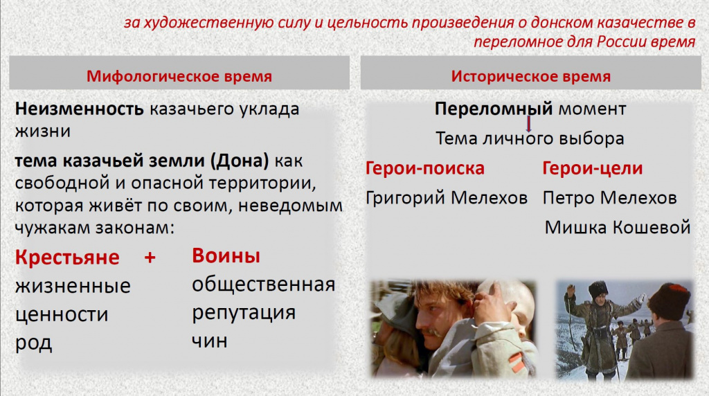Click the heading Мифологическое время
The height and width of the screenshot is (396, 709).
tap(179, 76)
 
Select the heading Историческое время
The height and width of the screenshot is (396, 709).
tap(531, 76)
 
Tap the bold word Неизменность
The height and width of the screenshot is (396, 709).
tap(79, 109)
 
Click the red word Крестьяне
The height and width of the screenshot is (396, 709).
tap(67, 257)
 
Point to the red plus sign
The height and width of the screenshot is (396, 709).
tap(150, 258)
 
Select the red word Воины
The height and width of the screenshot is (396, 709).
tap(226, 255)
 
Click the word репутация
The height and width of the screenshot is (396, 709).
tap(244, 313)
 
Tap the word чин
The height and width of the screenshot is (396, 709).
tap(209, 341)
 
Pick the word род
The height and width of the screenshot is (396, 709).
tap(33, 343)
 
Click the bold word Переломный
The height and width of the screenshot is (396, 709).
tap(494, 109)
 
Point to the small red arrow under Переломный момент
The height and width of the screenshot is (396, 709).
tap(528, 124)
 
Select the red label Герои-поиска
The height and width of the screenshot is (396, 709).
tap(425, 168)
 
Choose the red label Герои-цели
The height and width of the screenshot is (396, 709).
tap(593, 168)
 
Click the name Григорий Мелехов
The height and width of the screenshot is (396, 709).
tap(447, 197)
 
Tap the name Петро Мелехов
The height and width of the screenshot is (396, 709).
tap(609, 197)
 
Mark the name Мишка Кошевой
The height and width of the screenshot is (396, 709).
tap(617, 227)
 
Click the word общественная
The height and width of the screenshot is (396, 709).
tap(264, 285)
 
